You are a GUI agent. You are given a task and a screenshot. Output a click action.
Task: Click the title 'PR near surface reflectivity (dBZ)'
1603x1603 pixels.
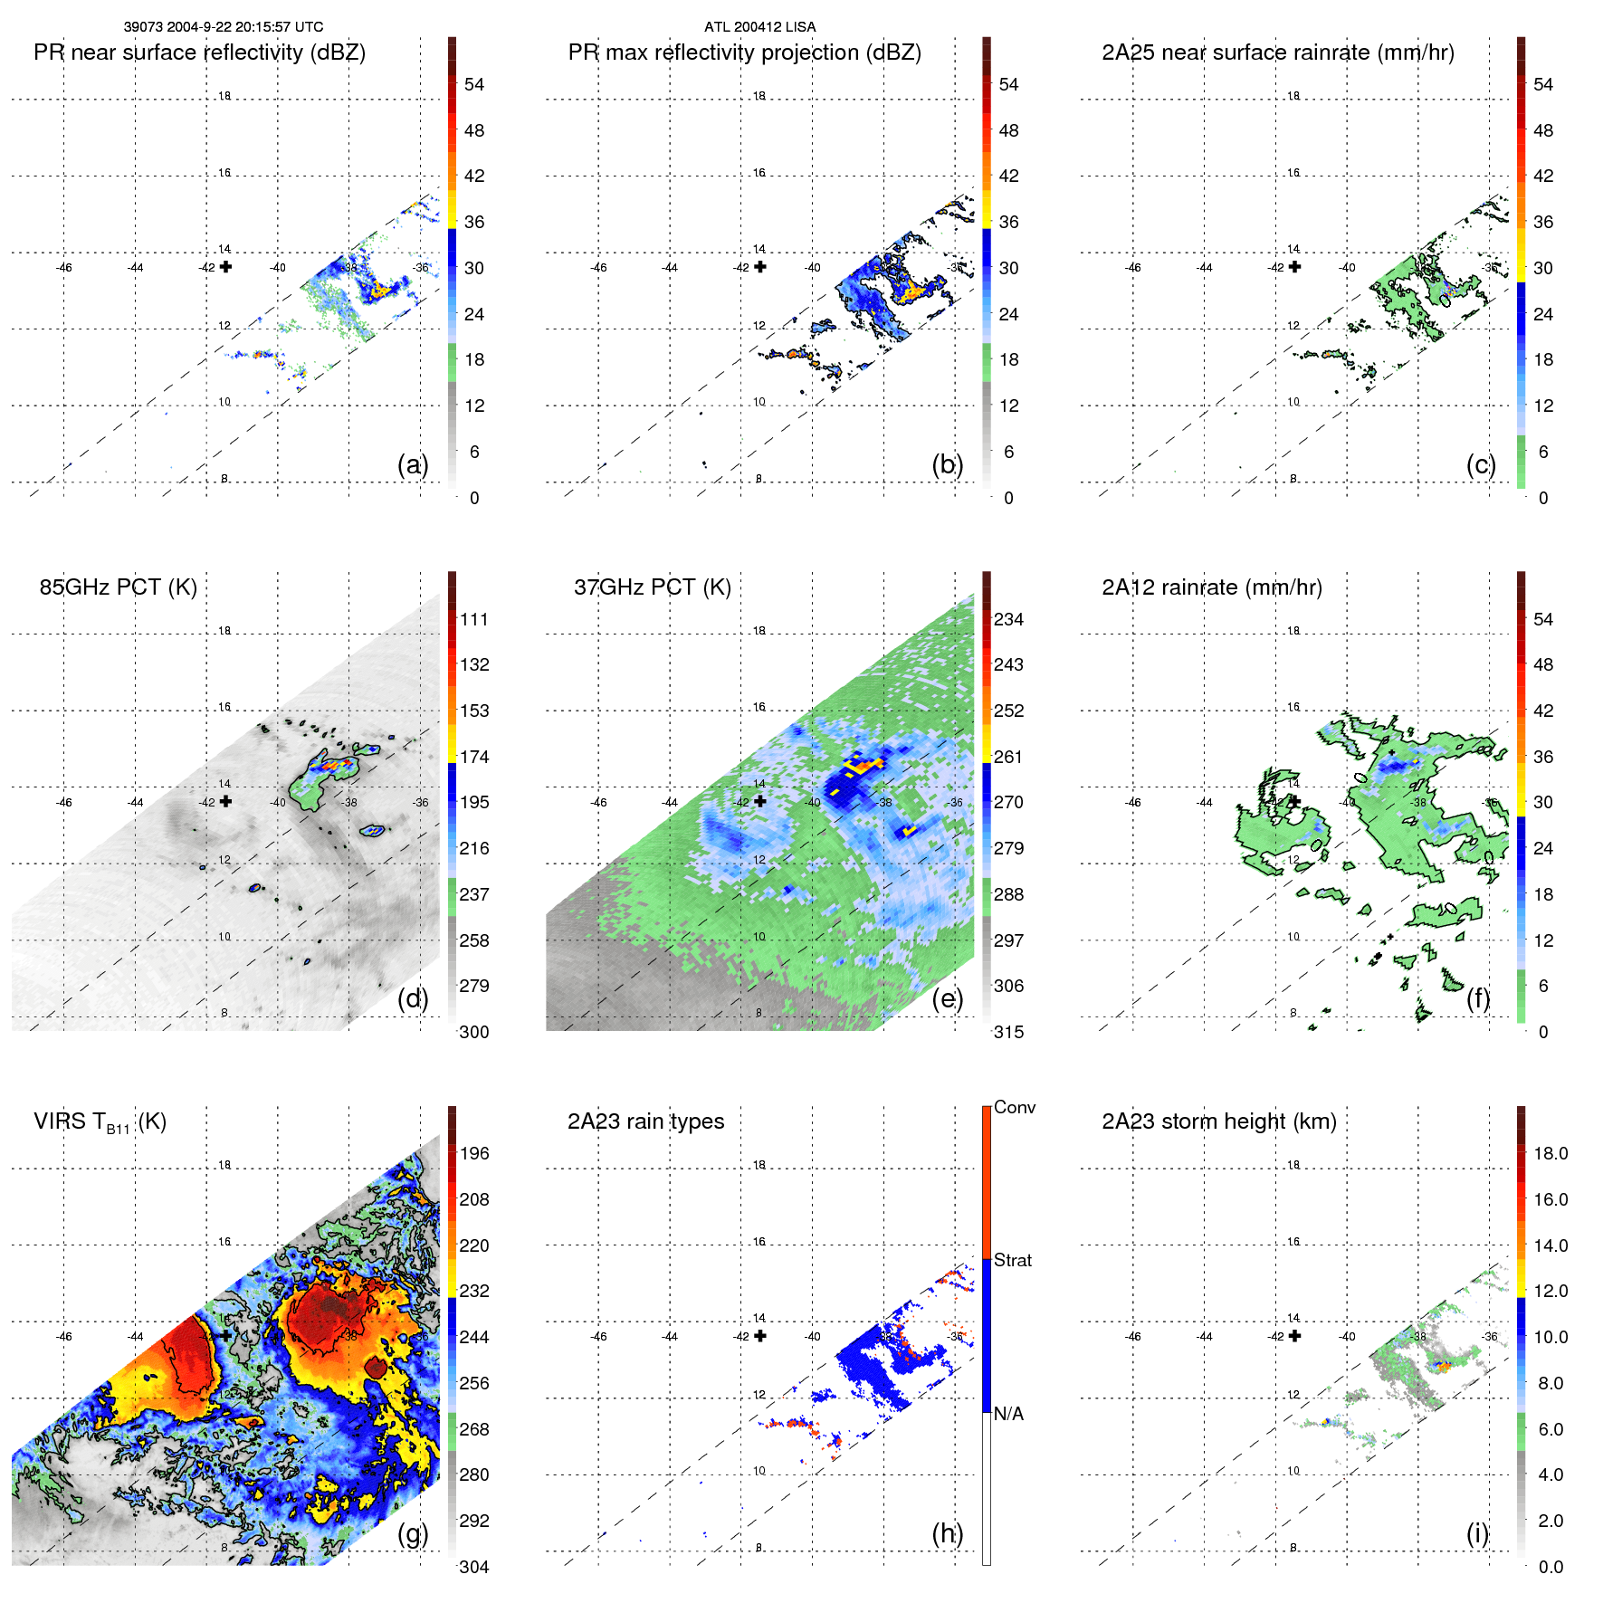(199, 52)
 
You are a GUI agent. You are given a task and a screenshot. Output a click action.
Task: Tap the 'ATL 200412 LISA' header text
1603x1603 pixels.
(759, 27)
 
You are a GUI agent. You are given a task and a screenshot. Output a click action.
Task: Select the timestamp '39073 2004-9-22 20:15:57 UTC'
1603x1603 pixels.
(224, 27)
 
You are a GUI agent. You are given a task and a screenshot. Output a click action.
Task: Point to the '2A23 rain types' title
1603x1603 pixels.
(645, 1121)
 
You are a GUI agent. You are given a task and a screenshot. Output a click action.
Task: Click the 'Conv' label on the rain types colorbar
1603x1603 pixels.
(1014, 1107)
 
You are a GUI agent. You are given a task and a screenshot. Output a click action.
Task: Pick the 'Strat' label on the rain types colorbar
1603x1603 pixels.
(1012, 1260)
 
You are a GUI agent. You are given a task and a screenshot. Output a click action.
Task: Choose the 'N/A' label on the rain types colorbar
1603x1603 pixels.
(1008, 1414)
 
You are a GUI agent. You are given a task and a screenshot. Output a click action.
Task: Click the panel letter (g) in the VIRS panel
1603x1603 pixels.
(413, 1533)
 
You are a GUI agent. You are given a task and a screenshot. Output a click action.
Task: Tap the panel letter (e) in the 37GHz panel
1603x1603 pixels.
(947, 998)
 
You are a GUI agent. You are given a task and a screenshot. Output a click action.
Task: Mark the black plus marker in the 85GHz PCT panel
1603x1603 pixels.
(225, 801)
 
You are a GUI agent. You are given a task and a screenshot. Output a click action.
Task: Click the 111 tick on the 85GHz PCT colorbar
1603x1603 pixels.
(474, 619)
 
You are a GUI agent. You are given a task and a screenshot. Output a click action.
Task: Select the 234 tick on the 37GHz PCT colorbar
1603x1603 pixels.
(1008, 619)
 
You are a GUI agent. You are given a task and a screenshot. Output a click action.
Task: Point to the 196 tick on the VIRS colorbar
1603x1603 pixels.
(474, 1153)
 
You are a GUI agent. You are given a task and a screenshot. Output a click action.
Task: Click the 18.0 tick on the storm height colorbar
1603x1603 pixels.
(1550, 1153)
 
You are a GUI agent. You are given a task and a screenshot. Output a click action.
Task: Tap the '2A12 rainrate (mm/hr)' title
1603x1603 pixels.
(1212, 587)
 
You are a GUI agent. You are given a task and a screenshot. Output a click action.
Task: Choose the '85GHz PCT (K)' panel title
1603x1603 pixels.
(118, 587)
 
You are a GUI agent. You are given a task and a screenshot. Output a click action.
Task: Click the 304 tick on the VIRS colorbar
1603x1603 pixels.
(474, 1567)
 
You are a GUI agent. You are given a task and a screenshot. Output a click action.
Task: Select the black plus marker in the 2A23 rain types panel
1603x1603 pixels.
(760, 1336)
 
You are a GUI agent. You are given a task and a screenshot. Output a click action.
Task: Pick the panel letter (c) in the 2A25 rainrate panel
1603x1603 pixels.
(1481, 464)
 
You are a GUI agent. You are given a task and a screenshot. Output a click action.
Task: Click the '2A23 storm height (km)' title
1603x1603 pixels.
(1218, 1121)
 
